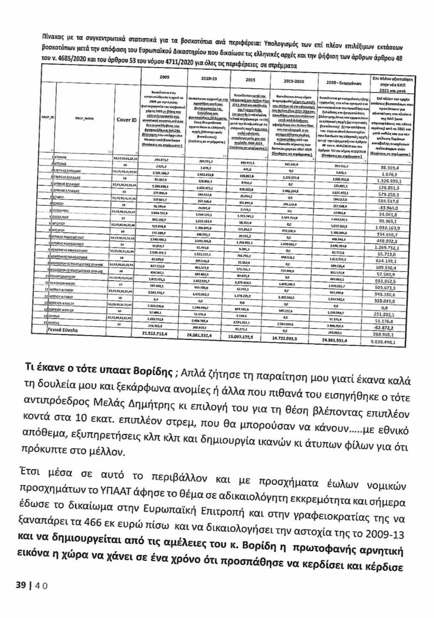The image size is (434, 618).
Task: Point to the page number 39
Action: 21,584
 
